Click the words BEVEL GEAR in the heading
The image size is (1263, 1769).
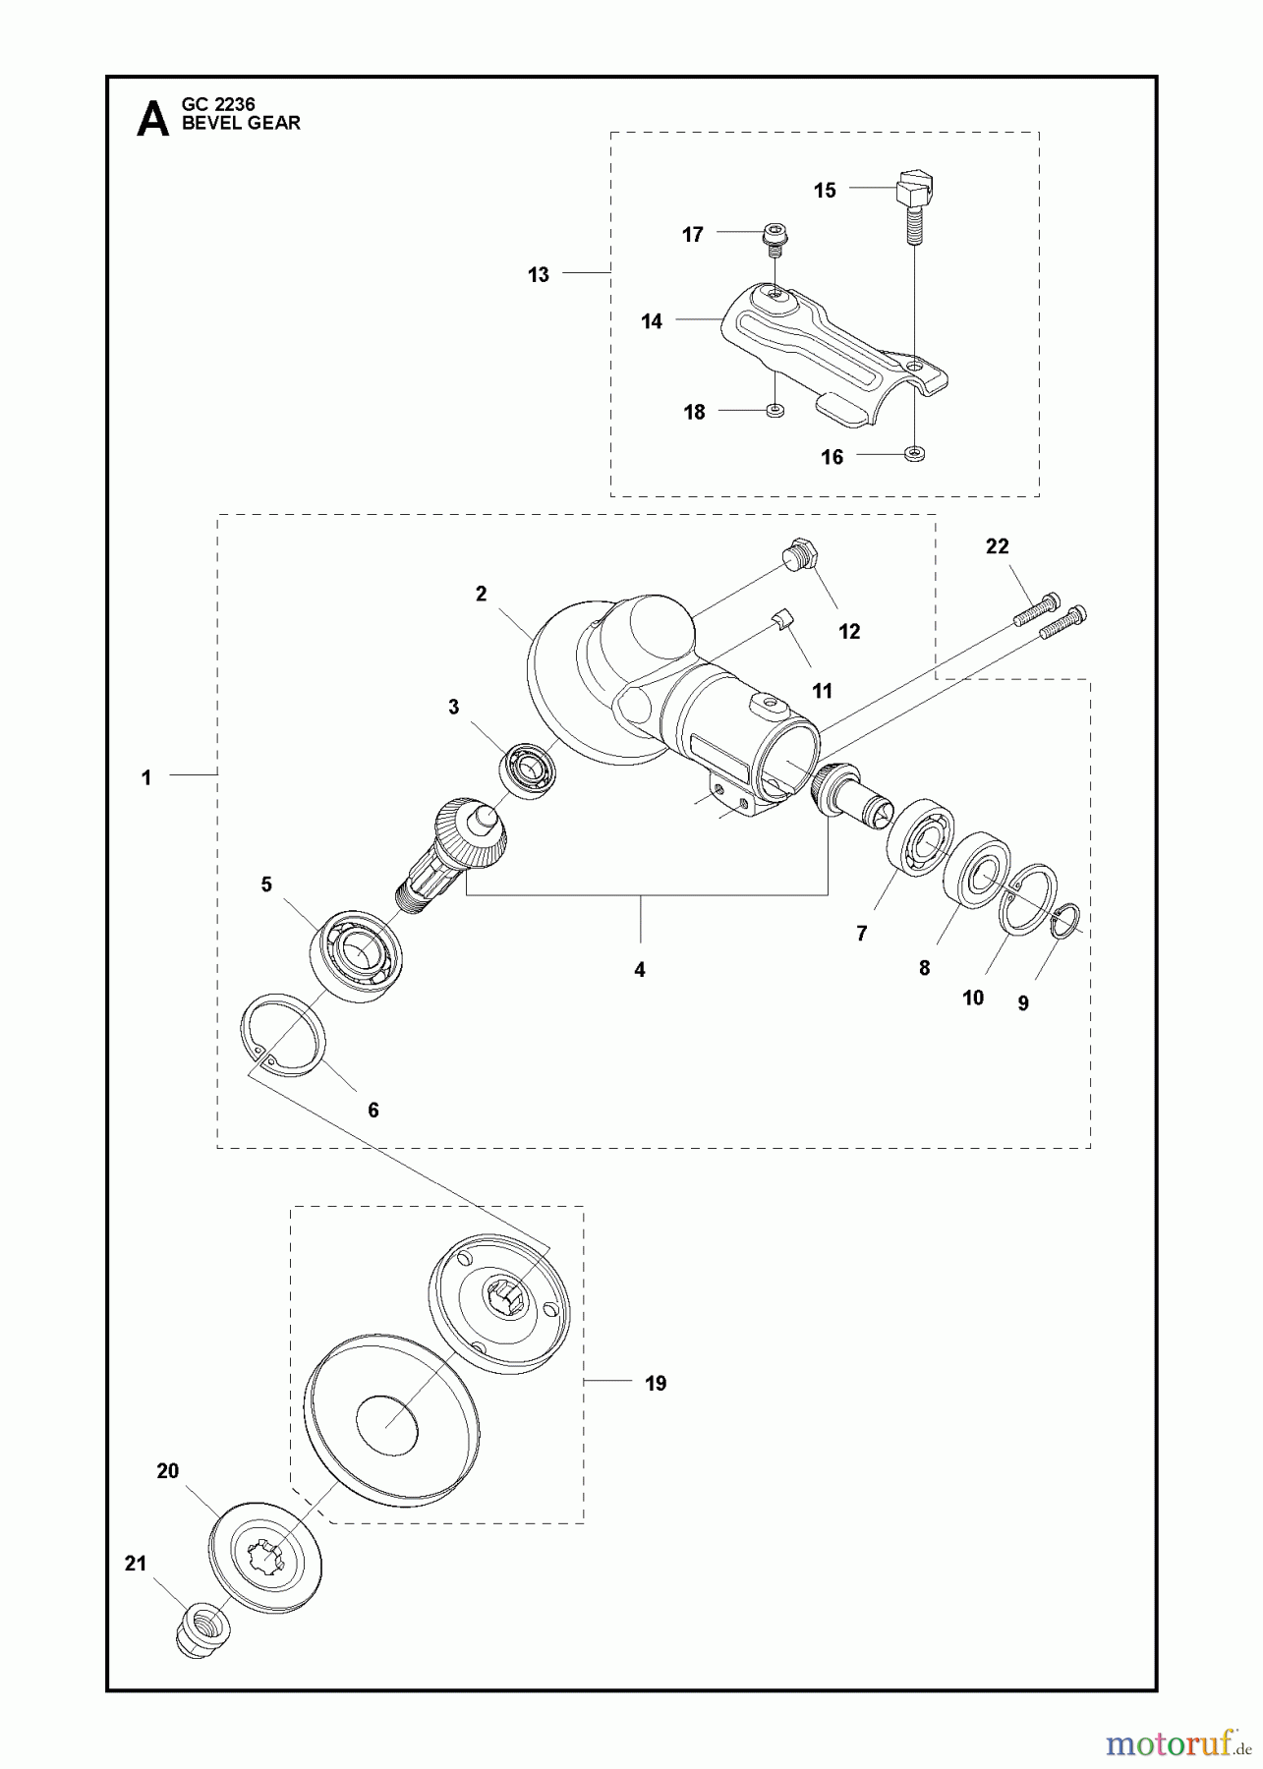pyautogui.click(x=241, y=124)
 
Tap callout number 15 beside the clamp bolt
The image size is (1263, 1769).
pyautogui.click(x=825, y=191)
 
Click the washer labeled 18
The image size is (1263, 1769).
pyautogui.click(x=775, y=410)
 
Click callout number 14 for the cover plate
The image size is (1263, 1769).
pyautogui.click(x=652, y=321)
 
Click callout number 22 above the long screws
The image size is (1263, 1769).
pyautogui.click(x=997, y=546)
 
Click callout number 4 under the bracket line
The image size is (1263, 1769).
pyautogui.click(x=640, y=970)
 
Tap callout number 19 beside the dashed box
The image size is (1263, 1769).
pyautogui.click(x=656, y=1383)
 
